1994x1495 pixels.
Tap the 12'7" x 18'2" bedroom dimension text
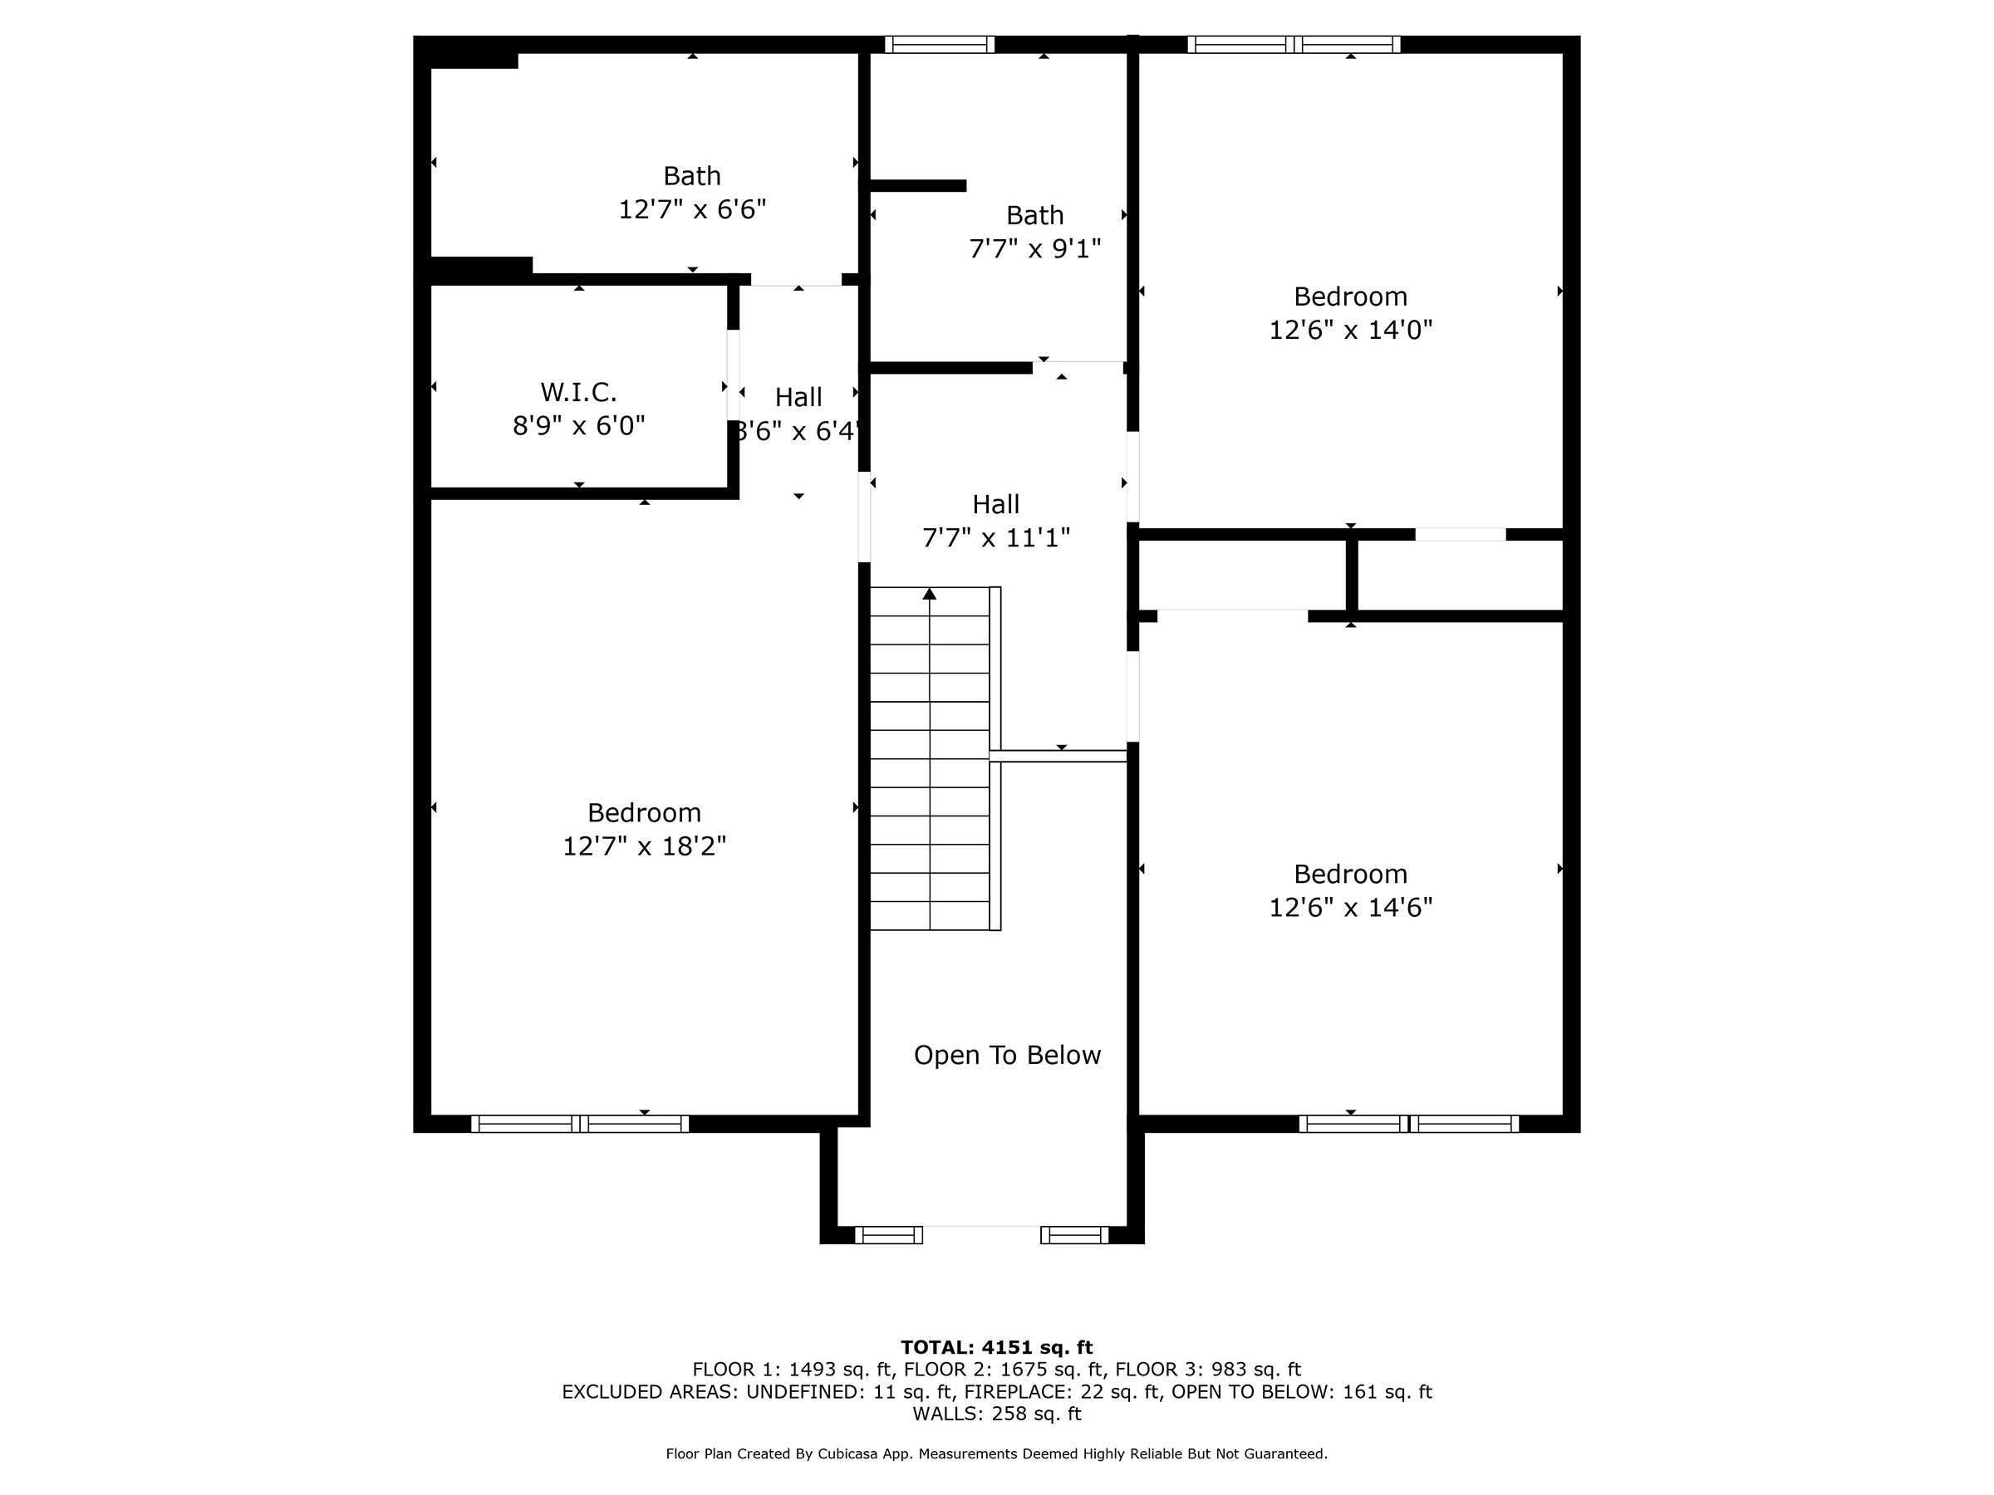645,846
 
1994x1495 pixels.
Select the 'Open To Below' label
1007,1056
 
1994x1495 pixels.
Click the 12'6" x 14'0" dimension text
1350,330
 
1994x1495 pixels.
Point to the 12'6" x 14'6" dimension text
1350,907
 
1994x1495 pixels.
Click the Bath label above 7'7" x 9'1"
1035,215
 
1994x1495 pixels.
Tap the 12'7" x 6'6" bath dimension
692,209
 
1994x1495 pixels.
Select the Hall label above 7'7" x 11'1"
996,504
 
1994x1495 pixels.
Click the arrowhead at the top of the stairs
930,594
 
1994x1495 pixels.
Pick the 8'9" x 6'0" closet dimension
579,425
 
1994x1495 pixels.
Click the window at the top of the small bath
940,45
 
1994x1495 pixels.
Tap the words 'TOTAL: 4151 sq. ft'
997,1347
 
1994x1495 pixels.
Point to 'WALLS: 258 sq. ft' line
997,1413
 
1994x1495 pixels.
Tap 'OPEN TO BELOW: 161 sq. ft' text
1302,1391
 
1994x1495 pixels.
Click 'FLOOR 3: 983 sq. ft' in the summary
1208,1370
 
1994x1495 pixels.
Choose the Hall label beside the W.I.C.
798,397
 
